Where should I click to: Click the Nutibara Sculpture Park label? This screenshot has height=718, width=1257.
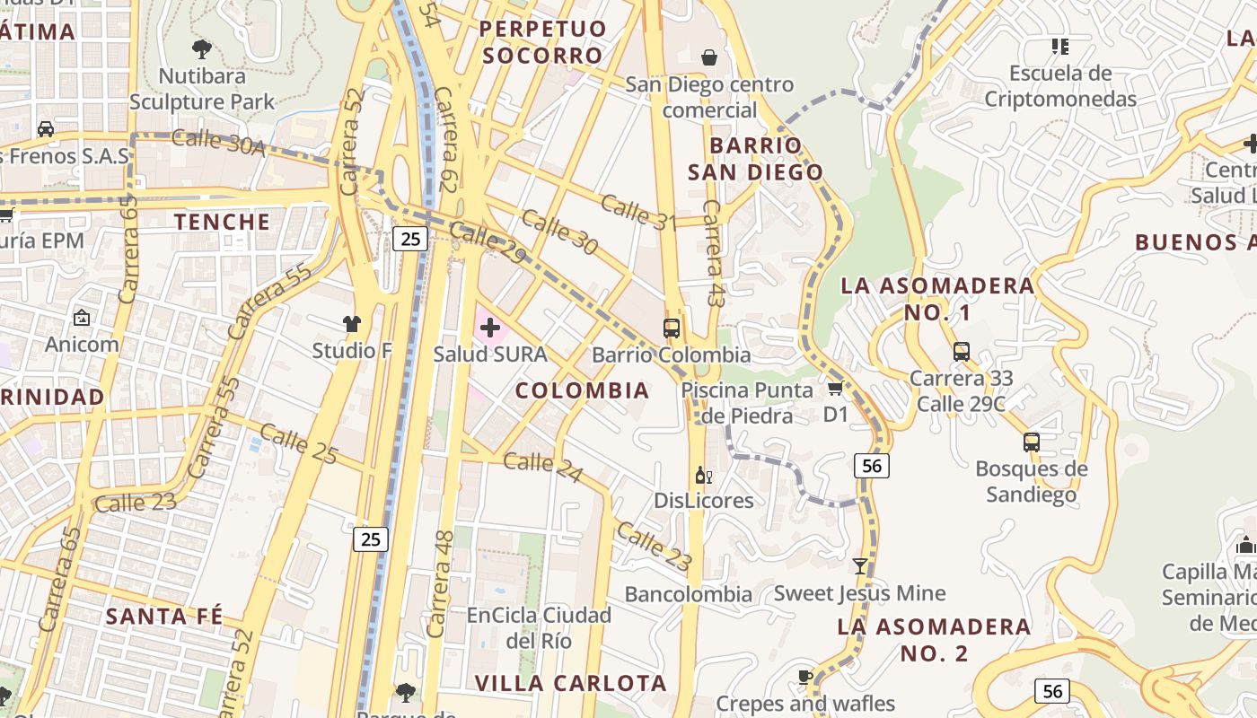[202, 88]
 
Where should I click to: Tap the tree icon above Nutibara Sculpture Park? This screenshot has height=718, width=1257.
[202, 48]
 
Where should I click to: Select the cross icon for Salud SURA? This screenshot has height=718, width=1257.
[490, 328]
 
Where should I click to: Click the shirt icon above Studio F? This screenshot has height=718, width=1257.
[352, 324]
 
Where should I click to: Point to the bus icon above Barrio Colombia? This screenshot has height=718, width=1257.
[672, 328]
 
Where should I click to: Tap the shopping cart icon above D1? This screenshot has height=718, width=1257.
[835, 388]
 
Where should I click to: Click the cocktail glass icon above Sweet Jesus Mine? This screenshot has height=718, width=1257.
[860, 566]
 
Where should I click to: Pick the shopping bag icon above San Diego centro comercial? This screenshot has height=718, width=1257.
[709, 57]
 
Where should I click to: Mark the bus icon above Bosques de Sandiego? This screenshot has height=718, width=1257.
[1031, 442]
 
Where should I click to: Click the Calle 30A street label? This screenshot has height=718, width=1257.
[217, 142]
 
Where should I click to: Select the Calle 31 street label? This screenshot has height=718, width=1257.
[637, 213]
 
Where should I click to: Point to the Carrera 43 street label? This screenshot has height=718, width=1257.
[714, 253]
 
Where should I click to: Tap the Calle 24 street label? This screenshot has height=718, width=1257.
[542, 466]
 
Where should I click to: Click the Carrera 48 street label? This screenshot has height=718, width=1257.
[439, 583]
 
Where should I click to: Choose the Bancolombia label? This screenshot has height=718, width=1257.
[688, 594]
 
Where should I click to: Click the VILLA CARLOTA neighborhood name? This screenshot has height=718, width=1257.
[570, 683]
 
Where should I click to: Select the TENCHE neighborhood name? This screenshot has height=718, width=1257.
[222, 222]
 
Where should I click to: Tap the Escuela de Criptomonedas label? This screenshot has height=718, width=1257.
[1060, 86]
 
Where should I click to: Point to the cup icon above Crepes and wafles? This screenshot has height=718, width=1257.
[805, 677]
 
